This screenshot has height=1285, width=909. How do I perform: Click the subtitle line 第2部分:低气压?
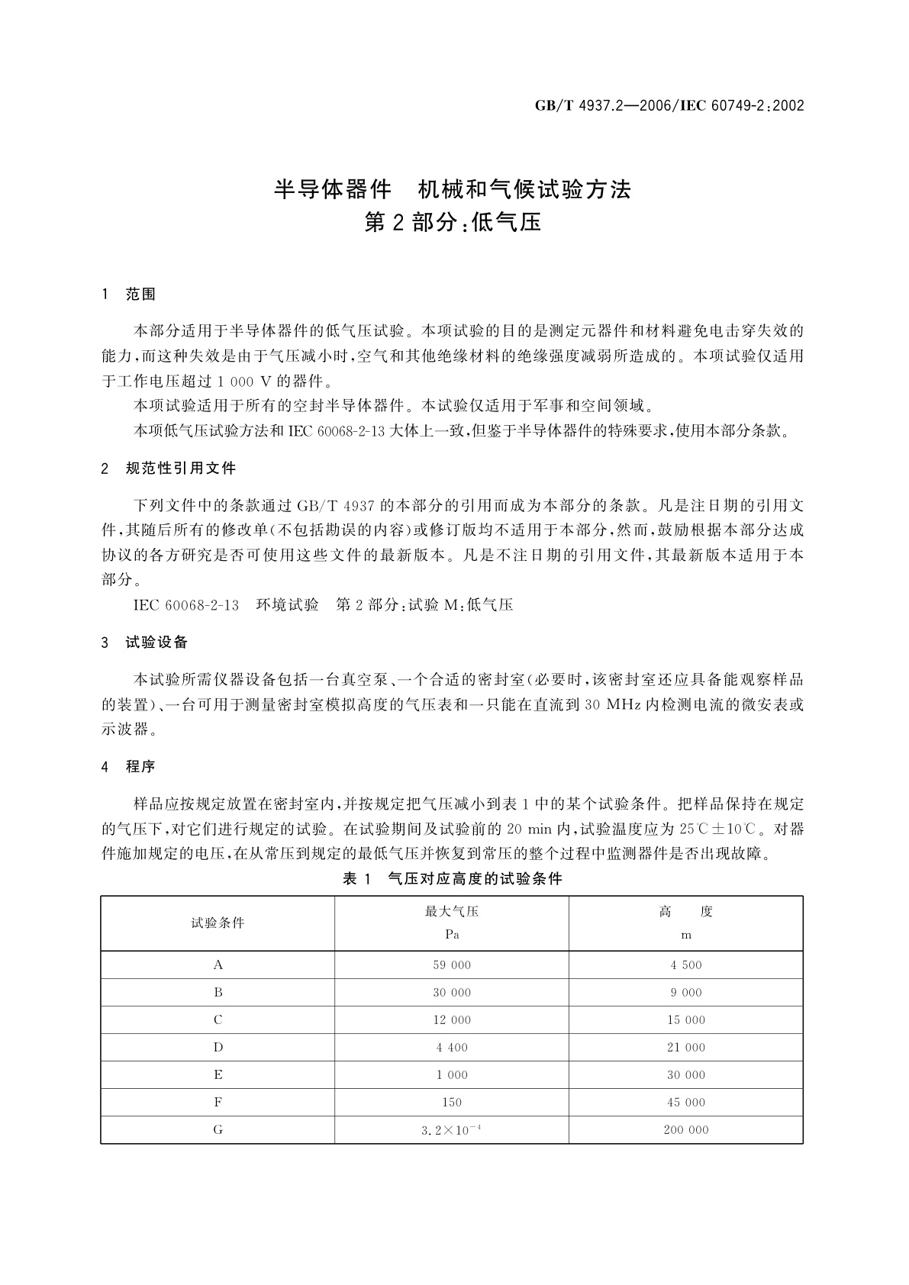point(453,223)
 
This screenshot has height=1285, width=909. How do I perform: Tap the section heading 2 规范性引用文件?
point(169,469)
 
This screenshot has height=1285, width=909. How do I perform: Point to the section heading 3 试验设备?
point(144,642)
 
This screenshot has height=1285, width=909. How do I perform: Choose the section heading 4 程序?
point(129,767)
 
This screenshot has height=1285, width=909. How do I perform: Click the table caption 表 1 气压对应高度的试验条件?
point(452,879)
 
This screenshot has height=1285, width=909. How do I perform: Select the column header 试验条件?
point(218,923)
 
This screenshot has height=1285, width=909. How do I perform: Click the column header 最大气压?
point(452,911)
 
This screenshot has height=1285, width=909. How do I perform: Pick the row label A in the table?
point(218,965)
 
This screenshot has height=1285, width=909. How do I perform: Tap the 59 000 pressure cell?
point(452,965)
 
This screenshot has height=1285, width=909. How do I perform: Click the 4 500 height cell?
point(686,965)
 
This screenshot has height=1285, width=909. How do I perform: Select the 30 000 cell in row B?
point(452,993)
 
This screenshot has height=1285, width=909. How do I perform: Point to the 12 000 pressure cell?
point(452,1020)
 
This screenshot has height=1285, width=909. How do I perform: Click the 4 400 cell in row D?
point(452,1048)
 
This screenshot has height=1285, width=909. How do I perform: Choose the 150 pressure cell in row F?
point(452,1103)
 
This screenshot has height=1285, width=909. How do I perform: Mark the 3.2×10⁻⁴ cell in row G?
point(452,1130)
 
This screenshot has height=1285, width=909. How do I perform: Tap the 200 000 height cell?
point(686,1130)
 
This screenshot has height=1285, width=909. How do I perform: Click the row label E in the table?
point(218,1075)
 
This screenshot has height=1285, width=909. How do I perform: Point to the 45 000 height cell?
point(686,1103)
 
